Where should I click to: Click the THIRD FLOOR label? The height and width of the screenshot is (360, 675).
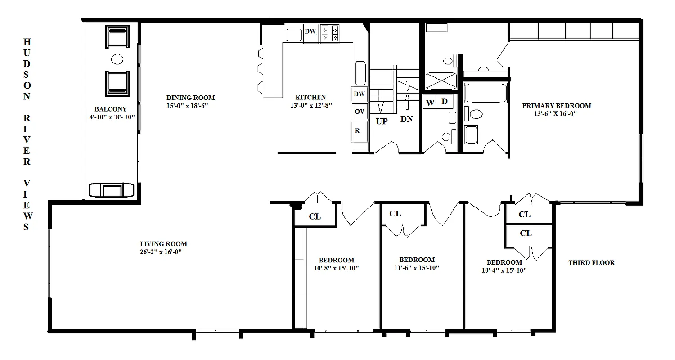(x=591, y=263)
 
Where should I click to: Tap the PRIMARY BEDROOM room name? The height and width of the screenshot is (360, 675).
(x=557, y=106)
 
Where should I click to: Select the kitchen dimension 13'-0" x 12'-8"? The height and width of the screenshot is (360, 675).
(x=310, y=105)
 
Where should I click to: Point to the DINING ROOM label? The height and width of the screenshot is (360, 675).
(x=190, y=98)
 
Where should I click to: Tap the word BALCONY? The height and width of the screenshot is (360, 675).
(x=110, y=109)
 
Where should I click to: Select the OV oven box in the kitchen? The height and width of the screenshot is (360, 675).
(x=359, y=111)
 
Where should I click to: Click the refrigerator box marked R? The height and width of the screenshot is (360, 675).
(x=359, y=131)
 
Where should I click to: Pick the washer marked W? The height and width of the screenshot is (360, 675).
(x=430, y=103)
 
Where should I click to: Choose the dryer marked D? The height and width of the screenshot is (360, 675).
(x=445, y=102)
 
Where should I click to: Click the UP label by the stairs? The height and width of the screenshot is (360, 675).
(x=382, y=121)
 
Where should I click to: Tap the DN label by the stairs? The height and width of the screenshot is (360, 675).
(x=407, y=120)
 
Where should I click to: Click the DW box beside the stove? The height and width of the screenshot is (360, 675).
(x=310, y=32)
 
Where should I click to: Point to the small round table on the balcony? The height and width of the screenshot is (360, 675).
(x=117, y=59)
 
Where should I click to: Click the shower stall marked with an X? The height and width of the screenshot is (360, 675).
(x=441, y=81)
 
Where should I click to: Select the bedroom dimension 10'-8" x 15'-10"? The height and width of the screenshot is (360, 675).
(x=336, y=268)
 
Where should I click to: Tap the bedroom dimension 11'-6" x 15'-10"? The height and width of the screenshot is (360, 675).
(x=417, y=268)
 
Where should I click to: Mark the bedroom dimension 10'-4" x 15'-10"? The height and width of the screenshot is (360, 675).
(x=504, y=270)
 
